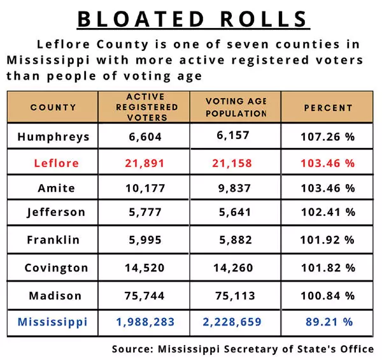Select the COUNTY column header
tap(53, 108)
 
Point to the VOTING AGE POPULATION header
tap(236, 108)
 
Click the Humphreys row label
tap(53, 136)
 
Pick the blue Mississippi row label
tap(52, 322)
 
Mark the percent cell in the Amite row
tap(327, 189)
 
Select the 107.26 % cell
tap(327, 136)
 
